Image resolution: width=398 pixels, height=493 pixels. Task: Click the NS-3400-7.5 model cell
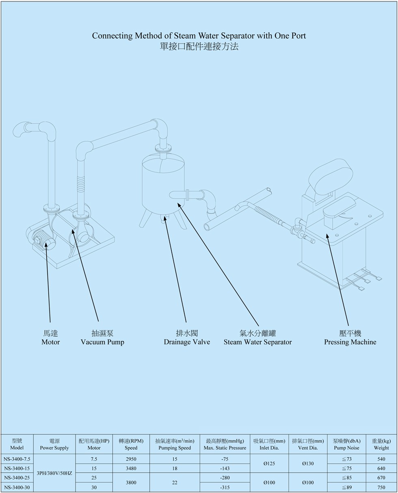tap(17, 458)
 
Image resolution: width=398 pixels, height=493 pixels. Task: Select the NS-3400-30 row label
tap(17, 487)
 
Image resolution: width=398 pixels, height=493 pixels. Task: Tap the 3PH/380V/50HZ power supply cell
tap(54, 473)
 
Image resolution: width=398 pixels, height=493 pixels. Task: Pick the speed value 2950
tap(131, 458)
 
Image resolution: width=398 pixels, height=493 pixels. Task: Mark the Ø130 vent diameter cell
tap(307, 463)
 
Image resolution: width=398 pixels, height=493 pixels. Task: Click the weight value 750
tap(381, 487)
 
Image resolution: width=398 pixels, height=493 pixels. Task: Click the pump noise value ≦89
tap(346, 487)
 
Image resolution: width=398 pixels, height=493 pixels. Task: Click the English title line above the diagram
tap(199, 35)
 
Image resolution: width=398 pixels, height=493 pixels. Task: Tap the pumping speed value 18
tap(175, 468)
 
